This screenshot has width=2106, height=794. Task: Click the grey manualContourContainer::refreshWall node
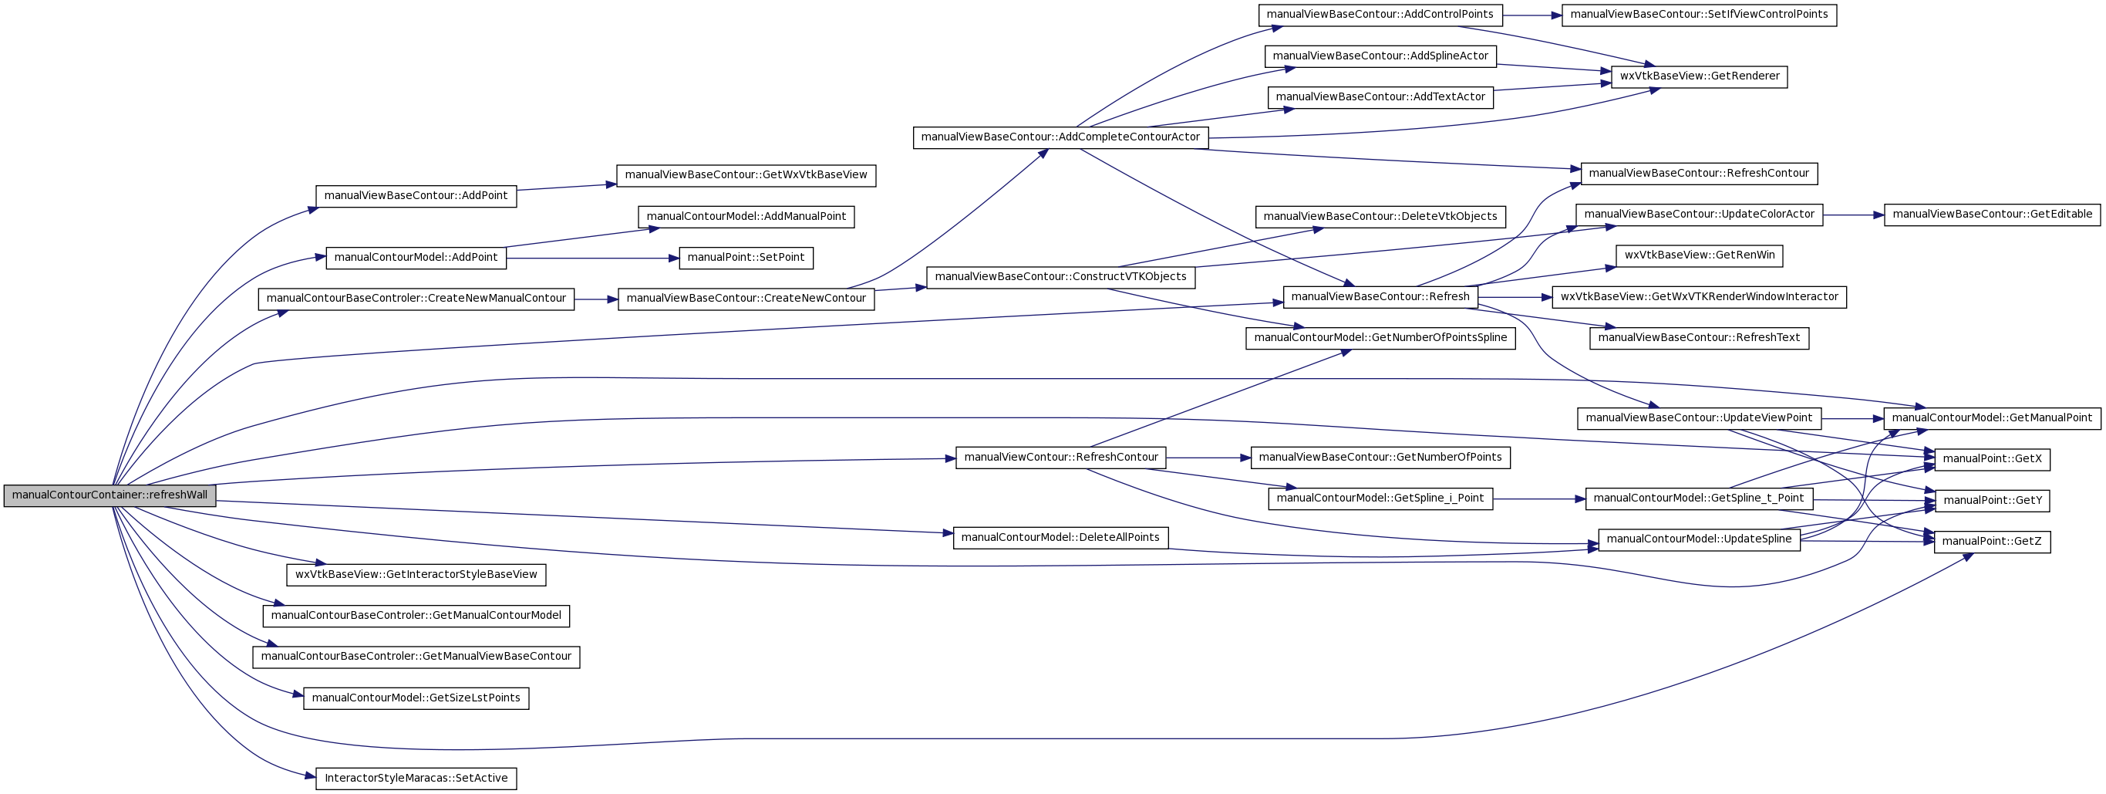(x=110, y=495)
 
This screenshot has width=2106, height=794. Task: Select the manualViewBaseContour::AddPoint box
(x=416, y=196)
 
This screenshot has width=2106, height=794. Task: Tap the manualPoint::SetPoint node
(x=746, y=258)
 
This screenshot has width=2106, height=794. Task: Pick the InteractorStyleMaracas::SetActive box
(x=416, y=779)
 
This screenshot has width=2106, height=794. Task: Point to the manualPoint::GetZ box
(x=1993, y=542)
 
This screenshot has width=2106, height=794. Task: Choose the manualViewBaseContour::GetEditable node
(x=1993, y=215)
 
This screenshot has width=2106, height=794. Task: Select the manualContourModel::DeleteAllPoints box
(x=1060, y=538)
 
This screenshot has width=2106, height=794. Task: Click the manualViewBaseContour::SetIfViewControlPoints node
(x=1700, y=15)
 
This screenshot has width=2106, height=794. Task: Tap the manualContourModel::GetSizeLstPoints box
(x=416, y=698)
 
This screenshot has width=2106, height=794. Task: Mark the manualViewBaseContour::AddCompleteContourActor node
(x=1060, y=137)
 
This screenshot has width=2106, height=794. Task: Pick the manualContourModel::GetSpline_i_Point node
(x=1381, y=498)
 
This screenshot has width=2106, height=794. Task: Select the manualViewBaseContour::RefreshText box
(x=1700, y=339)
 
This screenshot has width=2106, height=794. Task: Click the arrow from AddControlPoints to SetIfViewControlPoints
(x=1532, y=15)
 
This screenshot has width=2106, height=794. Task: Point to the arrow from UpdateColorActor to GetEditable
(x=1853, y=215)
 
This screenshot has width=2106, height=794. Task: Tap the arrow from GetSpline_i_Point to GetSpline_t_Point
(x=1539, y=498)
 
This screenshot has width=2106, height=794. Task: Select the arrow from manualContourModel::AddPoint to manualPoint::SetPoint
(x=593, y=258)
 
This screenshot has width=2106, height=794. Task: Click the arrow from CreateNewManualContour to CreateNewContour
(x=596, y=299)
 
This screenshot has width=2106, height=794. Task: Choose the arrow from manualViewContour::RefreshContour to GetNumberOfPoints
(x=1208, y=458)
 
